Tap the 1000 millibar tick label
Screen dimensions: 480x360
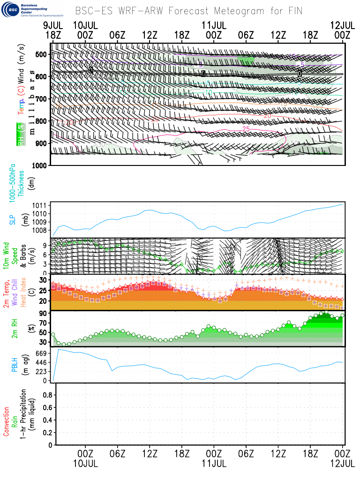point(40,165)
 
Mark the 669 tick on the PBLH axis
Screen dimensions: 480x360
point(44,353)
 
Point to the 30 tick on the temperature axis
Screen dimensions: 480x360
point(44,280)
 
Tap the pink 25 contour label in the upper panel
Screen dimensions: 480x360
point(246,129)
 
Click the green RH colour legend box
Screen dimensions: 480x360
point(21,135)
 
